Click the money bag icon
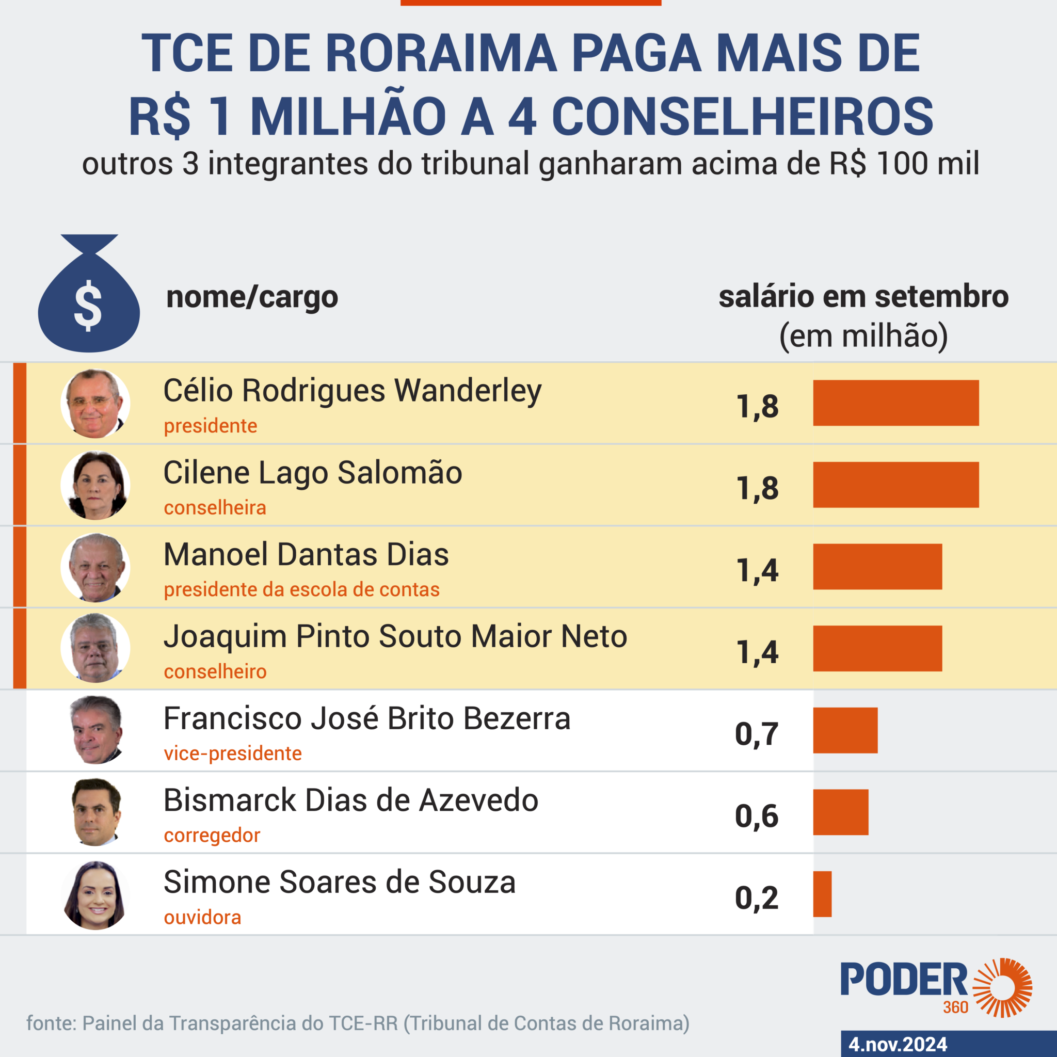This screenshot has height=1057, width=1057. pyautogui.click(x=89, y=295)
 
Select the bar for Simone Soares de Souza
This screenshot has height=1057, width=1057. pyautogui.click(x=822, y=894)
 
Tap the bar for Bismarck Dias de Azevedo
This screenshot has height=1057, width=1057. pyautogui.click(x=840, y=812)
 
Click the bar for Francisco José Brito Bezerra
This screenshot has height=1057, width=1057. pyautogui.click(x=845, y=730)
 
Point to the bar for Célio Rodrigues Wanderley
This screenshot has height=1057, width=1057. pyautogui.click(x=895, y=403)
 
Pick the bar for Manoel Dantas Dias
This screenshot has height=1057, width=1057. pyautogui.click(x=877, y=567)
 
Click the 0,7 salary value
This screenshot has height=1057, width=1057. pyautogui.click(x=757, y=734)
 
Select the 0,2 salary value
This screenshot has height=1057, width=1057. pyautogui.click(x=757, y=899)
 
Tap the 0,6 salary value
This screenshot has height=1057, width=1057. pyautogui.click(x=757, y=816)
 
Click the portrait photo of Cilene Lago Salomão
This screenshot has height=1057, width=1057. pyautogui.click(x=95, y=485)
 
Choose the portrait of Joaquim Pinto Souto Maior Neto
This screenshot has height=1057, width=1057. pyautogui.click(x=95, y=648)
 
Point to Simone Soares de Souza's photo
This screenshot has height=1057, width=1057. pyautogui.click(x=95, y=895)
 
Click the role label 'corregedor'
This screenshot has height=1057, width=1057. pyautogui.click(x=212, y=836)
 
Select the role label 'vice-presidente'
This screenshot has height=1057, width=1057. pyautogui.click(x=233, y=754)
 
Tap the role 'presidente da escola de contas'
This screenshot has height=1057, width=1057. pyautogui.click(x=301, y=590)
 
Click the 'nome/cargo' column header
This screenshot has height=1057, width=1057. pyautogui.click(x=252, y=297)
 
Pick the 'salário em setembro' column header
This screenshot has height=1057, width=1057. pyautogui.click(x=863, y=297)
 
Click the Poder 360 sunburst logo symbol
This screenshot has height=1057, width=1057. pyautogui.click(x=1002, y=988)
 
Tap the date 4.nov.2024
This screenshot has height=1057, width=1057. pyautogui.click(x=898, y=1045)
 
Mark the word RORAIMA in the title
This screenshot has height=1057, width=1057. pyautogui.click(x=441, y=54)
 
